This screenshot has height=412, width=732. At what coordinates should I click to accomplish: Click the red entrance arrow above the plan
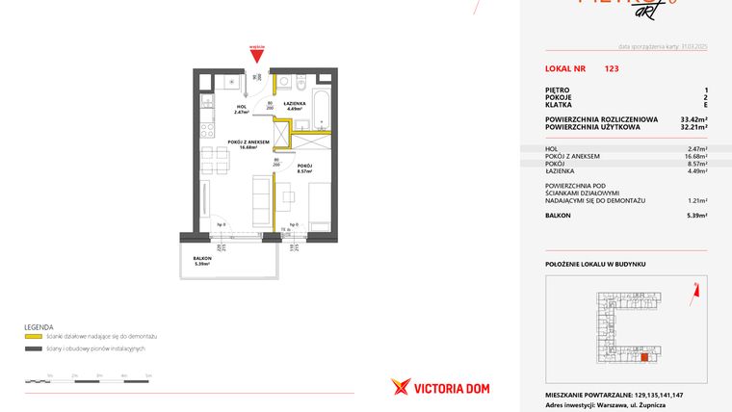click(255, 56)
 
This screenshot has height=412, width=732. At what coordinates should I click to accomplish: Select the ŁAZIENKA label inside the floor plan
click(295, 104)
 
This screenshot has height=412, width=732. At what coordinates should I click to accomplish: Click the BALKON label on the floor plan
click(202, 259)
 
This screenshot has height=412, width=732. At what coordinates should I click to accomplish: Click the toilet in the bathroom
click(301, 83)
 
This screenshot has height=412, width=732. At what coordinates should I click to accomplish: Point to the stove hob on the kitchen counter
click(206, 122)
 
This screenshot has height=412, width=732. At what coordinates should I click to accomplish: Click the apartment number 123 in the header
click(612, 69)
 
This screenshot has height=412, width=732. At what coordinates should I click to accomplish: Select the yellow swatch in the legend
click(32, 336)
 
